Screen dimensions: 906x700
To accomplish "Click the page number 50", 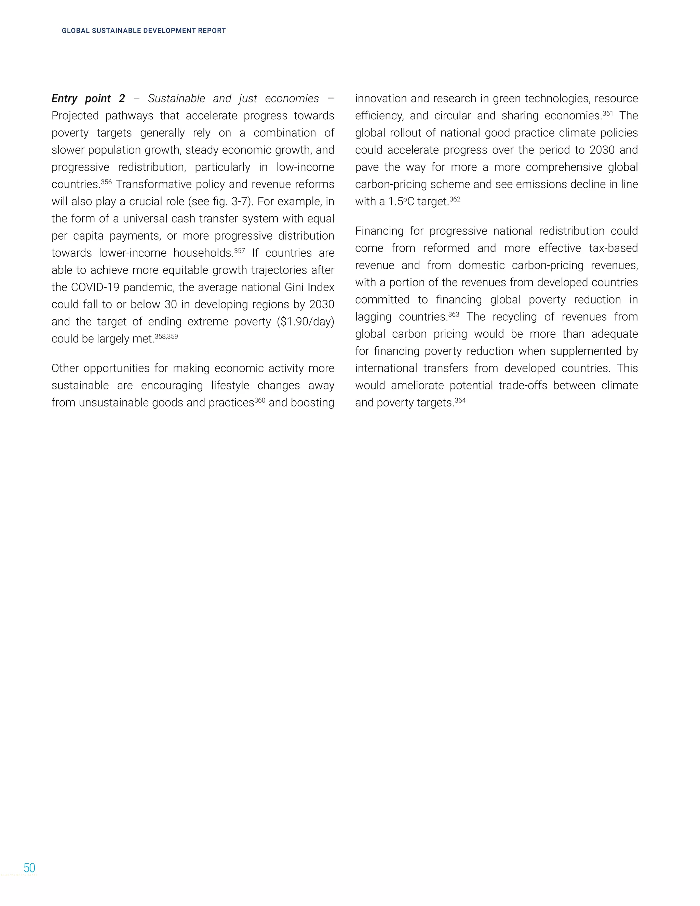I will point(29,868).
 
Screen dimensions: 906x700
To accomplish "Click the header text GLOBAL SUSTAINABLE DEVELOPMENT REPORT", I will point(144,31).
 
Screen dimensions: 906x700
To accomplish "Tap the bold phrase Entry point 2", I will point(88,99).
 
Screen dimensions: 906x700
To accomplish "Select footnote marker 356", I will point(106,182).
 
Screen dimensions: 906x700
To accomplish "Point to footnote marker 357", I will point(239,251).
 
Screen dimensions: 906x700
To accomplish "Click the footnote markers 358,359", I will point(166,336).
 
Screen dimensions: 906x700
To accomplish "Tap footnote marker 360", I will point(260,400).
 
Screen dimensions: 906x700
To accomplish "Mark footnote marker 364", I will point(460,400).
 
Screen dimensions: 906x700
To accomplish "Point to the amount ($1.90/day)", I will point(305,322).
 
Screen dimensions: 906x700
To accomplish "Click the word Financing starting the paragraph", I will point(379,231).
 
